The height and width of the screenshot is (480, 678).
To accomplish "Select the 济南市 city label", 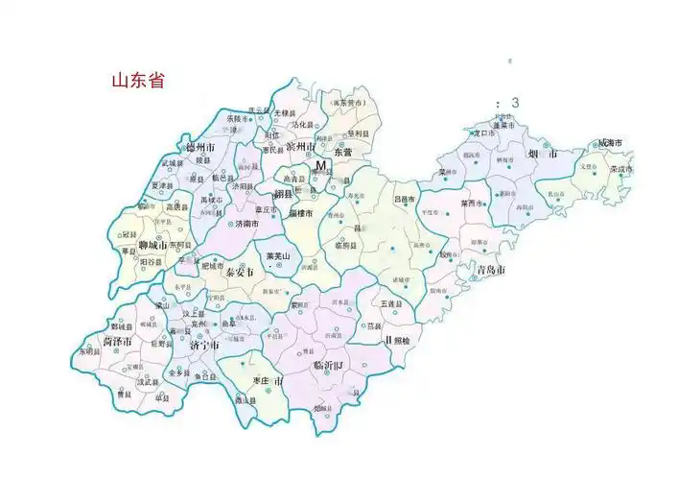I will click(250, 223).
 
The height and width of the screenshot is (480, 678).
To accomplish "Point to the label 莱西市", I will click(473, 204).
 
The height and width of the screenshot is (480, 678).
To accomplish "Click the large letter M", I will click(321, 166).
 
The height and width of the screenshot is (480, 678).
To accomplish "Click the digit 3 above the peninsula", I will click(515, 103).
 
